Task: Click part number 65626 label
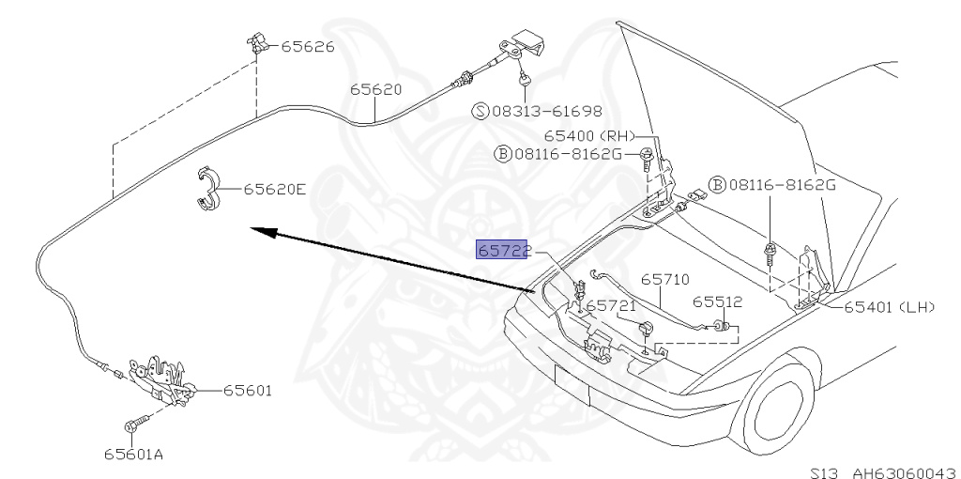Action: pos(309,45)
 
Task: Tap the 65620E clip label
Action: pos(275,189)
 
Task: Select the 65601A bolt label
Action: pos(133,455)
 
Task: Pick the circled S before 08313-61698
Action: pos(480,111)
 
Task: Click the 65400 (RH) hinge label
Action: pos(595,136)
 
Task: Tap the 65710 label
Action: pos(665,279)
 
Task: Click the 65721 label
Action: pos(613,305)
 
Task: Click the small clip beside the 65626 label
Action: pos(258,42)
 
